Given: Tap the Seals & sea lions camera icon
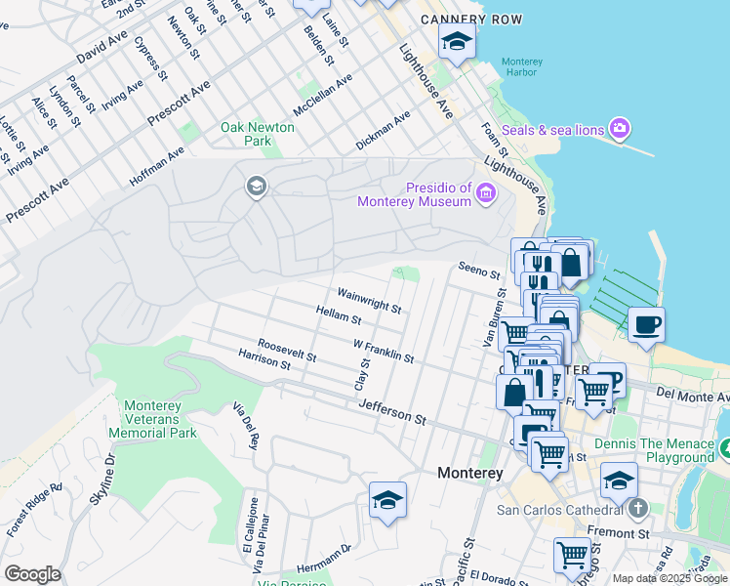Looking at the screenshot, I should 618,129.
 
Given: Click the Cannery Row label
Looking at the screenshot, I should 471,20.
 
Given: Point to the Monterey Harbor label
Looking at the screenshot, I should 521,66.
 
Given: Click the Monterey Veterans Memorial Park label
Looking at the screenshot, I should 161,419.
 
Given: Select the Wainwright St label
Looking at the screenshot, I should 369,300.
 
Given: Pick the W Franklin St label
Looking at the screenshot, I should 384,352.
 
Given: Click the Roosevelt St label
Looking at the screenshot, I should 286,351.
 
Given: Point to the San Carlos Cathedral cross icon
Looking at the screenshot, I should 637,509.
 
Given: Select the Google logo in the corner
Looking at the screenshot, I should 32,574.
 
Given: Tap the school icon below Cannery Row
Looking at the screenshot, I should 456,41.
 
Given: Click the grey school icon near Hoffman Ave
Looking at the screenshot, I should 257,187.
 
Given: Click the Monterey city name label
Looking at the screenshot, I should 469,473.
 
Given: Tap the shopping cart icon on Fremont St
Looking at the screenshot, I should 572,555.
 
